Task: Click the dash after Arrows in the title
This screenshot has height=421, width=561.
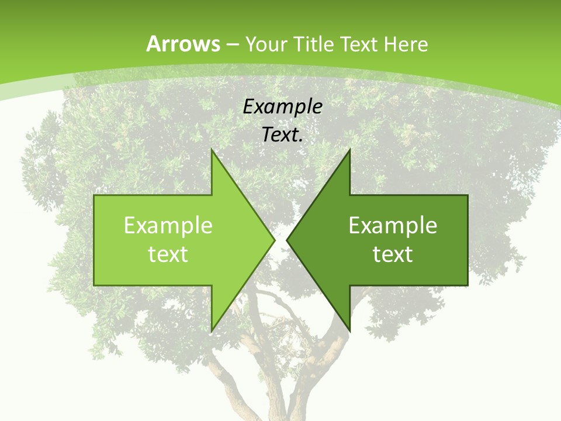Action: coord(233,44)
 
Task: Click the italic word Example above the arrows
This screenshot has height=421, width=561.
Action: coord(283,106)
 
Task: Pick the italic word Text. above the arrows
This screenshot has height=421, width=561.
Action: coord(283,134)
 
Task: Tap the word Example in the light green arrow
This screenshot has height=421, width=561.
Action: coord(168,226)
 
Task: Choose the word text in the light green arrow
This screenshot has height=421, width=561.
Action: coord(168,254)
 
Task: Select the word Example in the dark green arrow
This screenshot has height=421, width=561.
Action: coord(393,226)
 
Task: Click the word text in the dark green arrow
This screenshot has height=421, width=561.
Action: coord(393,254)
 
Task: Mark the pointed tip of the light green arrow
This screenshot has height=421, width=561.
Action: coord(274,240)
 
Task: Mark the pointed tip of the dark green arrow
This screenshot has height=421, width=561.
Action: coord(287,240)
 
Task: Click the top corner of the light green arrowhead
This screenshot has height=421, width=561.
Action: coord(212,150)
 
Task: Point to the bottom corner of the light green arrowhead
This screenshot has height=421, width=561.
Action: coord(212,330)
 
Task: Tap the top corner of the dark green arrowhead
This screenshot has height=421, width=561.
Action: coord(349,150)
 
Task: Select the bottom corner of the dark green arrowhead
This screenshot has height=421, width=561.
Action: coord(349,330)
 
